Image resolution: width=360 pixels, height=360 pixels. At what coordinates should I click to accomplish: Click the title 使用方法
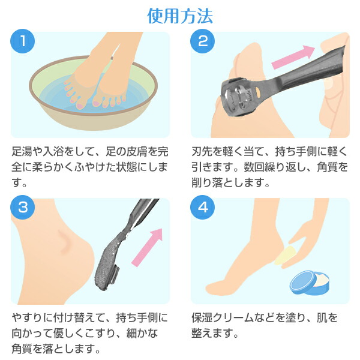[x=180, y=16]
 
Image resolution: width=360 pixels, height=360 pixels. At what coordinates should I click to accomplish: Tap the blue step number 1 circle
[x=23, y=41]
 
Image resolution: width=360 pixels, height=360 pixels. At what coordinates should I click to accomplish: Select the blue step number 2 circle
[x=203, y=41]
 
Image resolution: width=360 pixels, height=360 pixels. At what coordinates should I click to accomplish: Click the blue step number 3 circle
[x=23, y=208]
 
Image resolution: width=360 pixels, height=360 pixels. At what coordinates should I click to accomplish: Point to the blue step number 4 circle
[x=203, y=208]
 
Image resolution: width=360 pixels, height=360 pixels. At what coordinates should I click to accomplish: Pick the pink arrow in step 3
[x=147, y=248]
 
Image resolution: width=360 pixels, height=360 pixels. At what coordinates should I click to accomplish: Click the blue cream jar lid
[x=303, y=283]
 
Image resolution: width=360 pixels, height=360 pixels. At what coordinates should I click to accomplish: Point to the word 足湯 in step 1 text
[x=22, y=152]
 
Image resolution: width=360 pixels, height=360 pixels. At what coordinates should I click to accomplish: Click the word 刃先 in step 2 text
[x=202, y=152]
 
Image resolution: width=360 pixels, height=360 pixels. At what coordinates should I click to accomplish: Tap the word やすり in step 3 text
[x=27, y=318]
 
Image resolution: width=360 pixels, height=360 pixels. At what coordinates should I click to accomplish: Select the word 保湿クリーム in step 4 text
[x=227, y=318]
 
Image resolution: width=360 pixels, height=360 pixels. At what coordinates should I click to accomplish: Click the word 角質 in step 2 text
[x=327, y=167]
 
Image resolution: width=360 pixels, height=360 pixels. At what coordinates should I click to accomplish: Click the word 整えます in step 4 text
[x=212, y=334]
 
